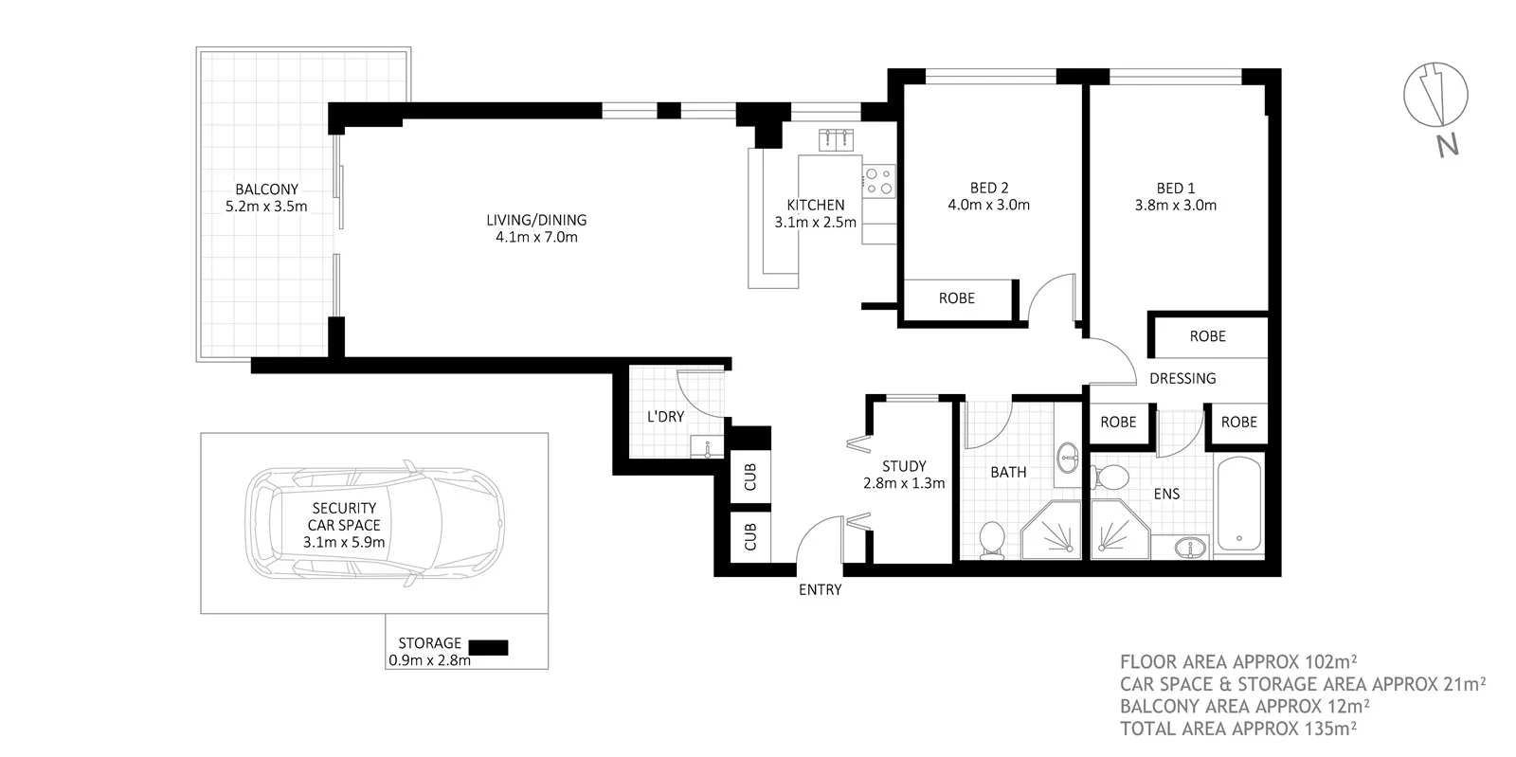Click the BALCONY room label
coord(266,189)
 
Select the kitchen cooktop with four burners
coord(877,180)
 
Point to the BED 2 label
coord(988,187)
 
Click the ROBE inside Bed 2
coord(956,298)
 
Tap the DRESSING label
coord(1182,378)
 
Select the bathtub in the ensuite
coord(1237,506)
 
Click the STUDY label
coord(903,466)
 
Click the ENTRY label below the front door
coord(820,589)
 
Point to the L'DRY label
coord(665,416)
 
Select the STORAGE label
coord(429,643)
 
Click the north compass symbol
coord(1435,98)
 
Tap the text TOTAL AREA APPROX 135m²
coord(1238,729)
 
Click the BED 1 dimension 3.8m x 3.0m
coord(1175,205)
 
